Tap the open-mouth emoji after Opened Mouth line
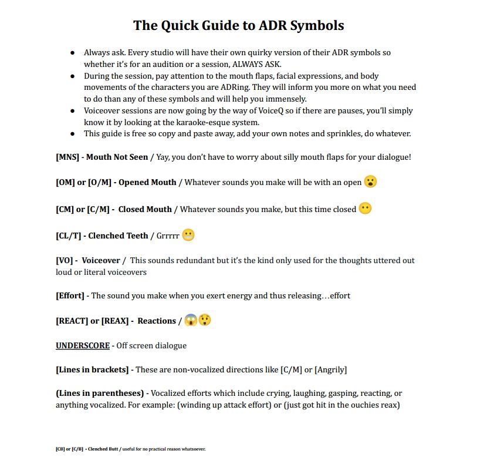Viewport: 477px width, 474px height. (370, 181)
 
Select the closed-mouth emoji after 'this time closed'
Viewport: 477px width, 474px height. (365, 209)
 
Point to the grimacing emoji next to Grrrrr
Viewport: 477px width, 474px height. (188, 236)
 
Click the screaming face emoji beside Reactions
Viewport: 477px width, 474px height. (191, 321)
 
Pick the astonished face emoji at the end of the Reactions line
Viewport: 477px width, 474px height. (204, 321)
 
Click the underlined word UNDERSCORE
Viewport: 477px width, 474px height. (83, 345)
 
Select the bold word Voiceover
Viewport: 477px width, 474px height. (101, 260)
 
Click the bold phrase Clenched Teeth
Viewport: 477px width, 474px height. (118, 236)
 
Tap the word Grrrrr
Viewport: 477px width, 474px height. (168, 236)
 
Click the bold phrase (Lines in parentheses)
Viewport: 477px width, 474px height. (100, 392)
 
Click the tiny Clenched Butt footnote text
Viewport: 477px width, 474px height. (102, 449)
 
